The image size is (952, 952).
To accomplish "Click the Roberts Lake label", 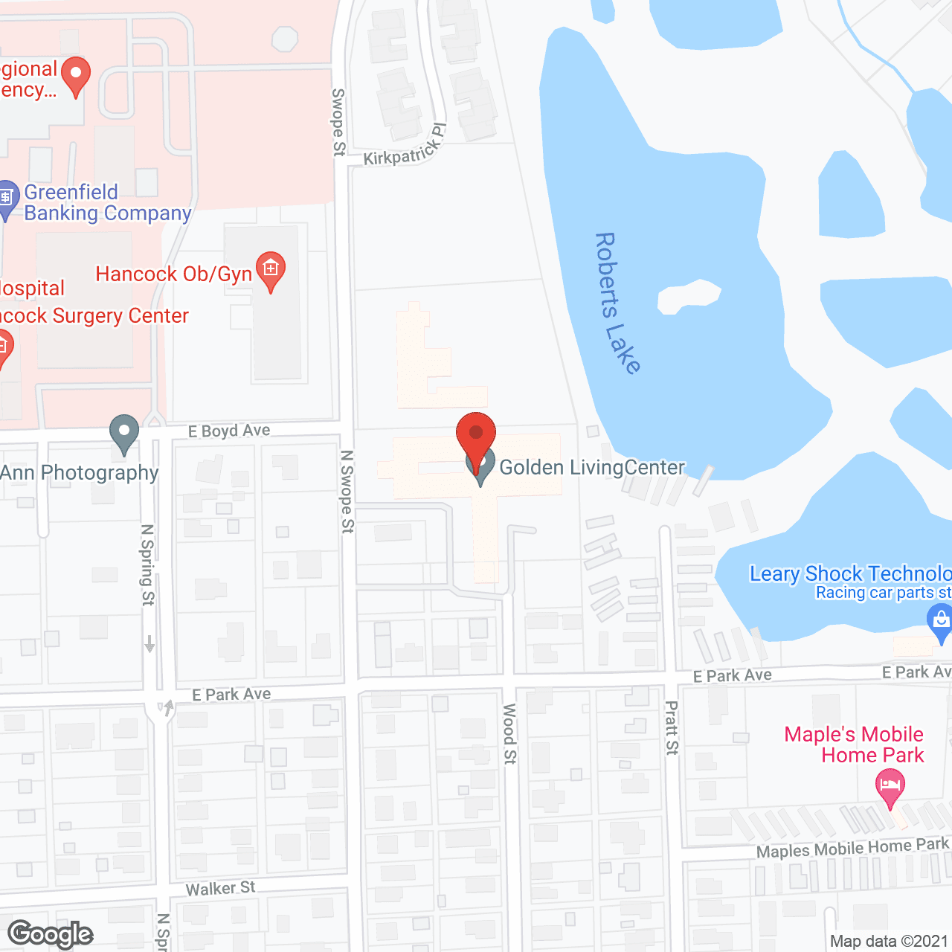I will coord(617,303).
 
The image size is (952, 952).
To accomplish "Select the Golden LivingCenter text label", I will coord(592,468).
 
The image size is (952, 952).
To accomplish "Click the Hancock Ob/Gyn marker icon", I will coord(271,268).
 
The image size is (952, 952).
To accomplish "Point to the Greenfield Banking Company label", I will coord(108,203).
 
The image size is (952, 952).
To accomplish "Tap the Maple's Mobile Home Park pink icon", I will coord(890,785).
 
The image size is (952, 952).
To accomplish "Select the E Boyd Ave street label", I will coord(229,431).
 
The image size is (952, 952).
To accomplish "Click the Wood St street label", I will coord(509,734).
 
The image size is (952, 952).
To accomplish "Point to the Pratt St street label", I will coord(672,727).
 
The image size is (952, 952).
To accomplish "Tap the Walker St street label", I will coord(220,888).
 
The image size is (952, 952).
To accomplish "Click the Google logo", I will coord(51,934).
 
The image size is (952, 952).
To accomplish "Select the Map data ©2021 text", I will coord(889,942).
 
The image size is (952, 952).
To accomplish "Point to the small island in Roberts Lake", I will coord(688,296).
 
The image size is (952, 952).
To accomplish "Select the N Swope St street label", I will coord(347,491).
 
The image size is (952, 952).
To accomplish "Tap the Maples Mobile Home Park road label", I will coord(852,848).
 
